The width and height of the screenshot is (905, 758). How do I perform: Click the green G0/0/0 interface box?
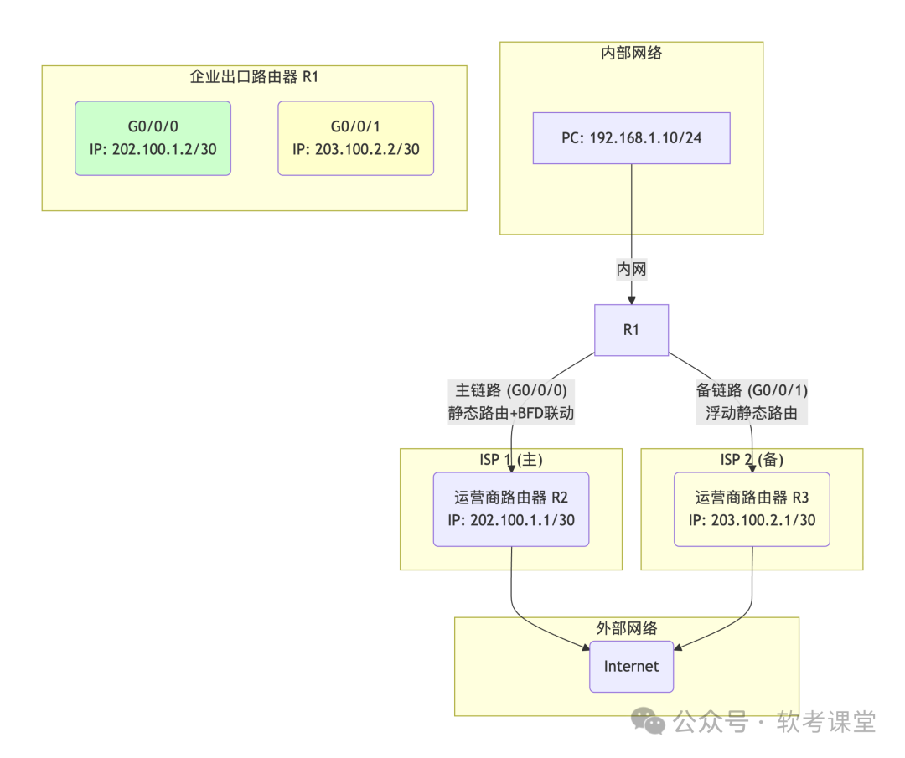(153, 138)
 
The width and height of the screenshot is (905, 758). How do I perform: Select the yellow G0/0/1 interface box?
(355, 138)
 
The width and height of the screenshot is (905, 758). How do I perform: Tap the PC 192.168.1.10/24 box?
(631, 138)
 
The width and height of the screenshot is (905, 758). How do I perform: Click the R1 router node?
(631, 330)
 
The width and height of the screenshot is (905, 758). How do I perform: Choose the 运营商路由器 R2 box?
(510, 509)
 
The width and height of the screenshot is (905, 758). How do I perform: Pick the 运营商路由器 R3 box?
(752, 509)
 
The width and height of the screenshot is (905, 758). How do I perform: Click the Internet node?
(631, 667)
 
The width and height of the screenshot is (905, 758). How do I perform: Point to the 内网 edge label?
(631, 270)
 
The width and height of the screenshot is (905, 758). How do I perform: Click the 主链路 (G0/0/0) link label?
(511, 389)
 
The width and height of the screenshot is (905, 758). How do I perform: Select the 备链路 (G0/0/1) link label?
(752, 389)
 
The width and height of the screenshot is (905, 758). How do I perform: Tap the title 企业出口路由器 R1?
(254, 77)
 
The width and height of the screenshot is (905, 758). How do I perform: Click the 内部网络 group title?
(631, 53)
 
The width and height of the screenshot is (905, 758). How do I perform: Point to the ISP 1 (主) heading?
(510, 459)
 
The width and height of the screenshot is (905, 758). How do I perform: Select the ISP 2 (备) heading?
(752, 459)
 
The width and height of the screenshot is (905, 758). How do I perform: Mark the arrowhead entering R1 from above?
(631, 299)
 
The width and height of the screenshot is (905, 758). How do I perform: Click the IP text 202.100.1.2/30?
(169, 150)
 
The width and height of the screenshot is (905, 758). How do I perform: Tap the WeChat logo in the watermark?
(649, 720)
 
